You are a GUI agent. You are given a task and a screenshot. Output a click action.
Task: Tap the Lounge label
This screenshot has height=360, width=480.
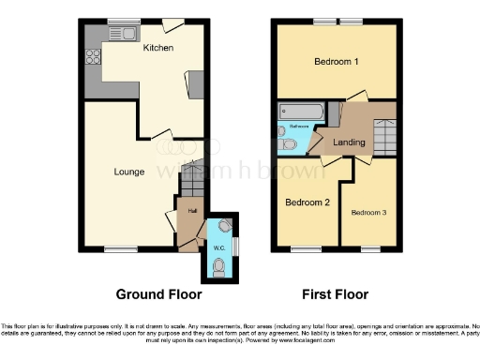point(128,171)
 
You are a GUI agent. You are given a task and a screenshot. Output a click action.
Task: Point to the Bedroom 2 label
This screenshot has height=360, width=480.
point(307,202)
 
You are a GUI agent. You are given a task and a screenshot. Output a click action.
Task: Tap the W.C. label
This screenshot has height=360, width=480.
point(217,247)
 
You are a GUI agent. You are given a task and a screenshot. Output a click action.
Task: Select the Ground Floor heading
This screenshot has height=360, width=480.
point(158,293)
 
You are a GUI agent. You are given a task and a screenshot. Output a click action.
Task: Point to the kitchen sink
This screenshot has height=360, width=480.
point(122,35)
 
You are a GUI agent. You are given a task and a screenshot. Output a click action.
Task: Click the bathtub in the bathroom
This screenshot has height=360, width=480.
point(300,113)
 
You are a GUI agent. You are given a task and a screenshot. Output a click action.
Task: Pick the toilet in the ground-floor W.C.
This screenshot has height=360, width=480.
point(218,267)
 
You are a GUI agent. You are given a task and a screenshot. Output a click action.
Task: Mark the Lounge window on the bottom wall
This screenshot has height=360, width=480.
point(118,248)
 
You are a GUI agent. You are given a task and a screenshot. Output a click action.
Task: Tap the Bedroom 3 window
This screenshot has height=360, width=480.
point(369,248)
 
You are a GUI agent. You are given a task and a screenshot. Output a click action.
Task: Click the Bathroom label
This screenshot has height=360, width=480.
point(299,126)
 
